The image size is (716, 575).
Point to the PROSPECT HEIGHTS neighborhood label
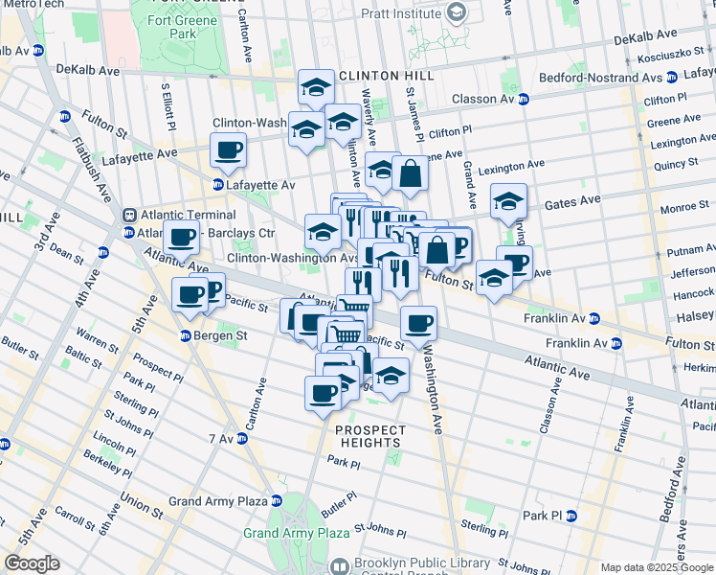[369, 436]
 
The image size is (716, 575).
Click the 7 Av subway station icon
[243, 438]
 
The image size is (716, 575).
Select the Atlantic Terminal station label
[187, 215]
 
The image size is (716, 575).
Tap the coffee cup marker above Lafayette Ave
[229, 149]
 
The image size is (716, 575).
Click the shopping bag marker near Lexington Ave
[410, 173]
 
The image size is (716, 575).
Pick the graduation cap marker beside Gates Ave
[508, 201]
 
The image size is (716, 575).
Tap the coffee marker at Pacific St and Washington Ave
[418, 324]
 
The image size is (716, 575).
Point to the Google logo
[32, 563]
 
